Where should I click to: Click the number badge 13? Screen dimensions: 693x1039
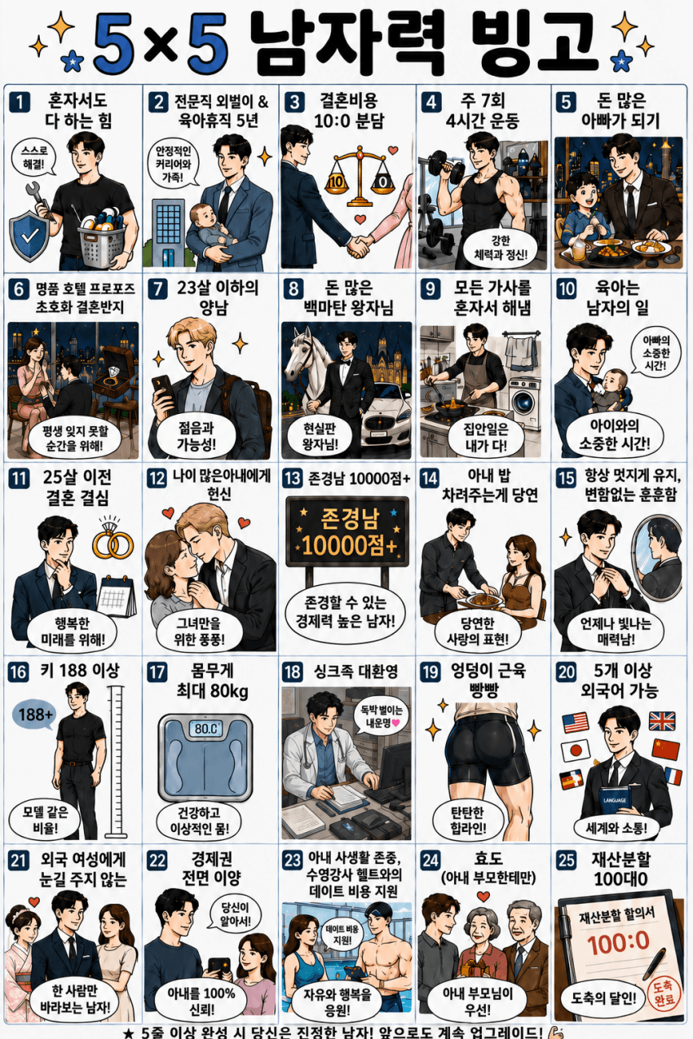tap(293, 478)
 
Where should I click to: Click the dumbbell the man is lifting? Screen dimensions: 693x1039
tap(443, 165)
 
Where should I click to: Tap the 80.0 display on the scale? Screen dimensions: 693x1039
tap(205, 729)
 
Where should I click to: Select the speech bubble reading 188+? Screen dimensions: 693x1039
tap(35, 715)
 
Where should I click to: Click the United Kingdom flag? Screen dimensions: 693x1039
tap(661, 721)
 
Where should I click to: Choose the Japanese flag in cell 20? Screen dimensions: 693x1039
tap(575, 750)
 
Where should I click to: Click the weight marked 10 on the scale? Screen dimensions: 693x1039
tap(336, 182)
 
